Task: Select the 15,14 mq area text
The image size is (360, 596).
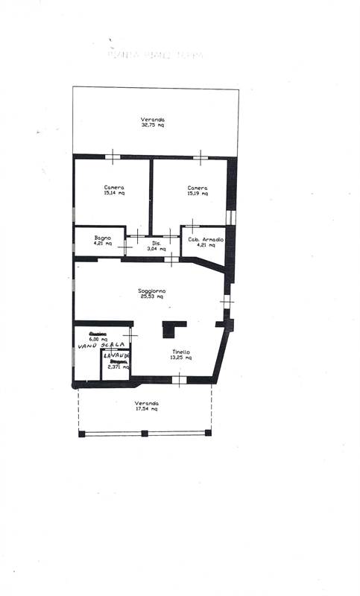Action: pyautogui.click(x=114, y=193)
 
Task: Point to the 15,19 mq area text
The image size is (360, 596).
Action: pyautogui.click(x=198, y=193)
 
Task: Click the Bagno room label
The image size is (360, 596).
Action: pyautogui.click(x=103, y=238)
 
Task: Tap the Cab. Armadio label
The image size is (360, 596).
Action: pyautogui.click(x=206, y=239)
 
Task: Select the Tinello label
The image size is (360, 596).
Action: pyautogui.click(x=180, y=352)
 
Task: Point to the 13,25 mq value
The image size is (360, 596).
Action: pyautogui.click(x=180, y=358)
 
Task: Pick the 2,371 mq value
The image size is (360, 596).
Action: pyautogui.click(x=117, y=367)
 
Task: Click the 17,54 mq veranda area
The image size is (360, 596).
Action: pyautogui.click(x=146, y=409)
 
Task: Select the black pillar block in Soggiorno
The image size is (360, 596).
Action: pyautogui.click(x=174, y=329)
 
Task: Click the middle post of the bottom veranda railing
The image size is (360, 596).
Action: pyautogui.click(x=145, y=433)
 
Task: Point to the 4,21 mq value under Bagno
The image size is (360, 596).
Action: pyautogui.click(x=103, y=244)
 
